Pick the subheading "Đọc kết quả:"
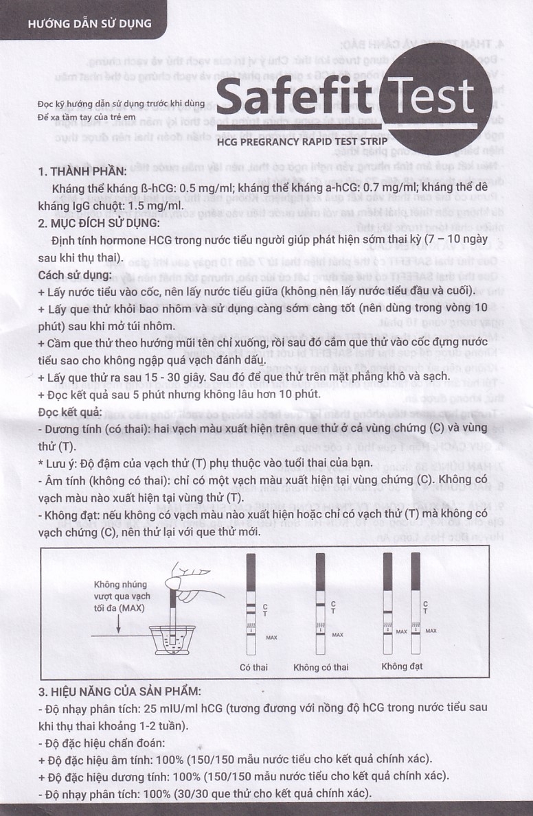(70, 411)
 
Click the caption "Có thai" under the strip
(253, 666)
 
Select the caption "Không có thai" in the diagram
(321, 666)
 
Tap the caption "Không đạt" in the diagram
(402, 666)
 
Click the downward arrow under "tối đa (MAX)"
(118, 622)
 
